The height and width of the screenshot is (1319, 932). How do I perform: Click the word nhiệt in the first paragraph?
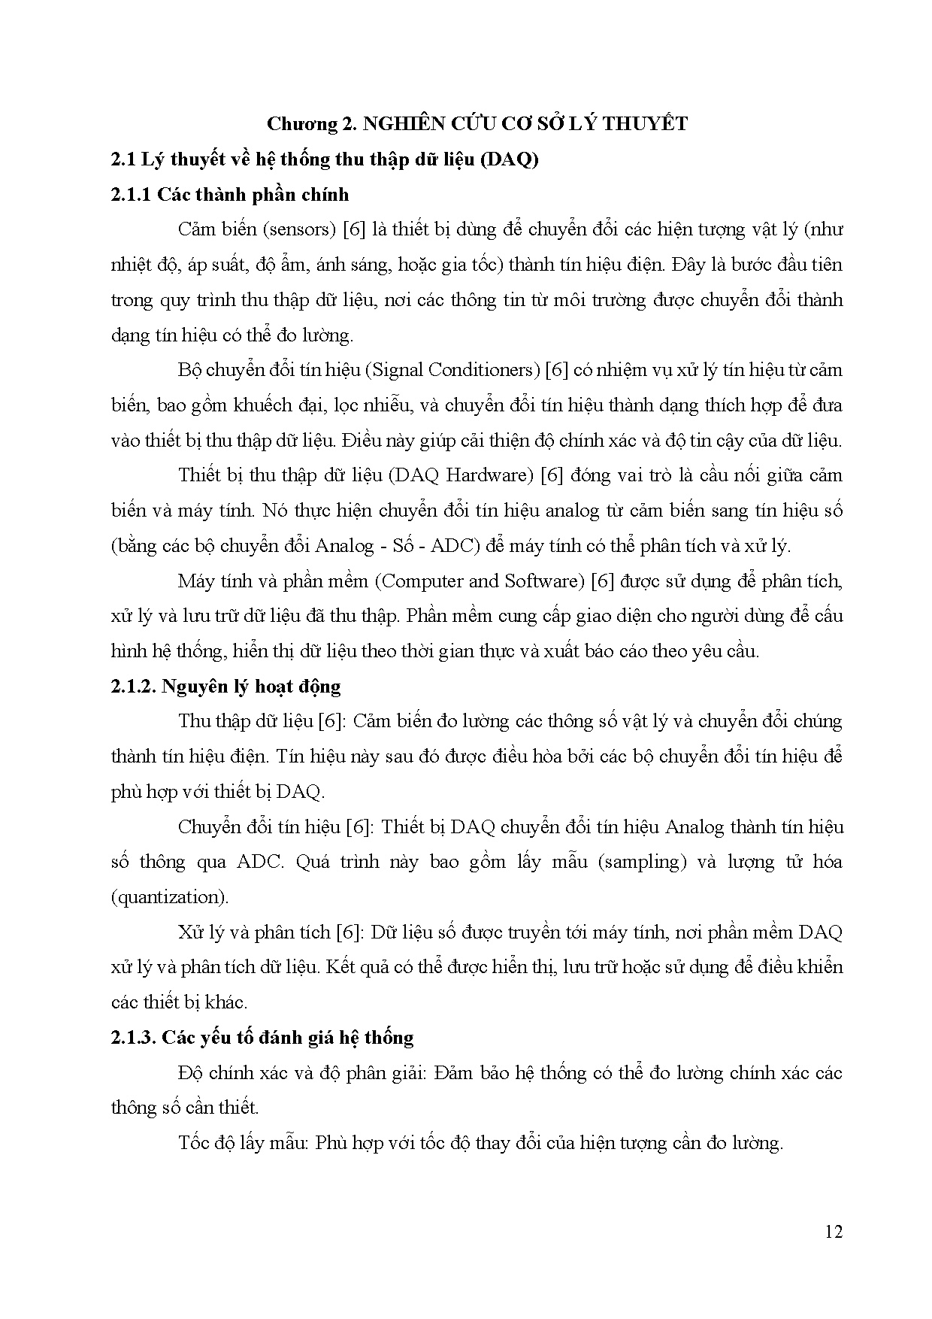(130, 265)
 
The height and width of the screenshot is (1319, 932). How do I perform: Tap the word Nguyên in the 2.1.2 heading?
(195, 686)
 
